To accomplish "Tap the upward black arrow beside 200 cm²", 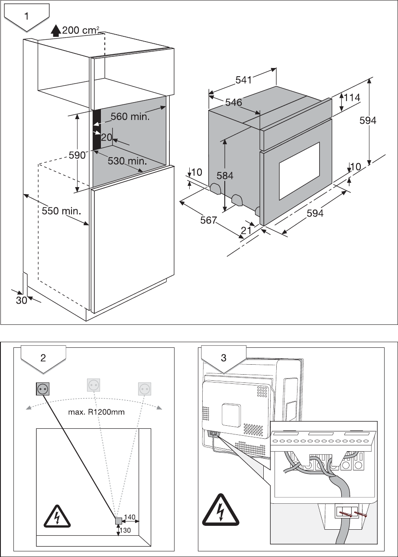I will (55, 30).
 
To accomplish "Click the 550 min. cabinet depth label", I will (62, 211).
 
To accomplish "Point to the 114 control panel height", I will (352, 98).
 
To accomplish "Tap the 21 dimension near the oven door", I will (246, 231).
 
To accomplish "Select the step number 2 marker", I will (43, 358).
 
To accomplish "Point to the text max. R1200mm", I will (97, 412).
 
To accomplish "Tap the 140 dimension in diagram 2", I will (130, 517).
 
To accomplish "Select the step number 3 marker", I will (223, 358).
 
